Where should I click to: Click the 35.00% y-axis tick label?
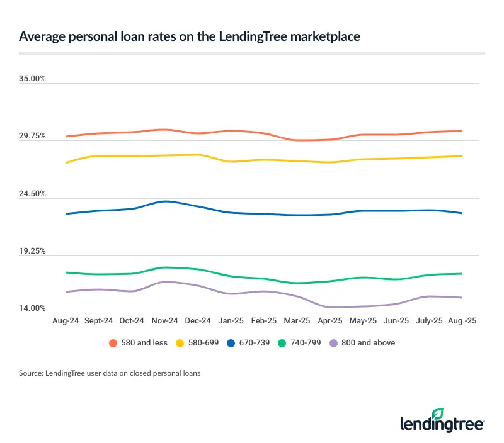pos(33,79)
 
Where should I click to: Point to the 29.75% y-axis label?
pos(33,136)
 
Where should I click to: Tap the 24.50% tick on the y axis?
pos(33,194)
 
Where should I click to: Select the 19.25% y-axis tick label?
pos(33,251)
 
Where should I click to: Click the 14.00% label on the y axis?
pos(33,308)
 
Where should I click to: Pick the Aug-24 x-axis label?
pos(65,320)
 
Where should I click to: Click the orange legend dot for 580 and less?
pos(113,343)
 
